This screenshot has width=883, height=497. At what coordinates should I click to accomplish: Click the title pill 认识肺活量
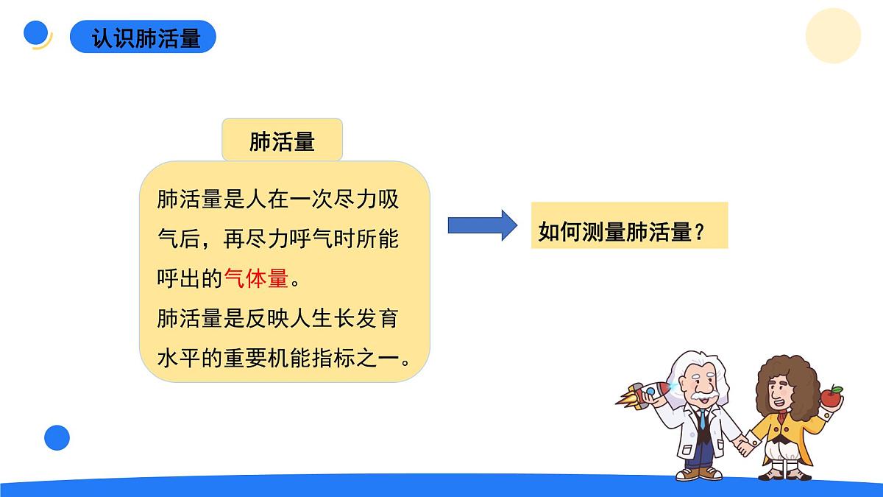(143, 37)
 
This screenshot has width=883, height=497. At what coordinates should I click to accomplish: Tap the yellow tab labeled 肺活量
(283, 140)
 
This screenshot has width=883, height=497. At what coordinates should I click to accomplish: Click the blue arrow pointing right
(483, 225)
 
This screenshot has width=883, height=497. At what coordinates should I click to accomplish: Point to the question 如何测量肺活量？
(623, 232)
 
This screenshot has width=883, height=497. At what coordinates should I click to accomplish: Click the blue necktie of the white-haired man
(703, 421)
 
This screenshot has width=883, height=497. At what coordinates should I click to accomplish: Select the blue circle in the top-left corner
(36, 33)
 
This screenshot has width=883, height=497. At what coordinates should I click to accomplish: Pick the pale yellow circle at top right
(833, 35)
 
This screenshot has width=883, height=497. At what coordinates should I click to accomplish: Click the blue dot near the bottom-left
(57, 437)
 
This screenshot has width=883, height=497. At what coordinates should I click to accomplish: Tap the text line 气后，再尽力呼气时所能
(278, 239)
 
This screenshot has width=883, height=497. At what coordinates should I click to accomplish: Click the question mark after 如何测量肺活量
(700, 233)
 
